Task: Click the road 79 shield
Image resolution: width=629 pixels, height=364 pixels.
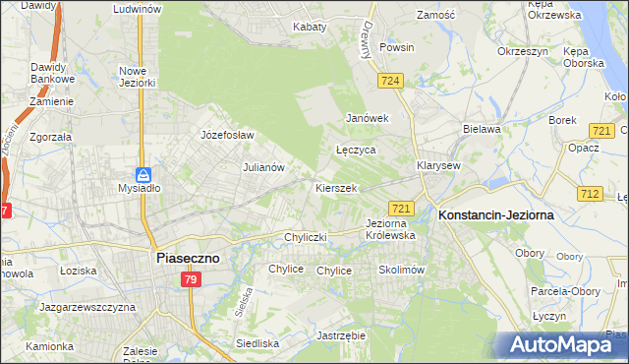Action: pyautogui.click(x=192, y=280)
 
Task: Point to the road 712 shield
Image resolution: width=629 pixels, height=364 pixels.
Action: pyautogui.click(x=591, y=194)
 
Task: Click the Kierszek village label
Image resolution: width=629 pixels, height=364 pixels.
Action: pyautogui.click(x=335, y=187)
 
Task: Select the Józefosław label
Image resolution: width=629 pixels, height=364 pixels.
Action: pyautogui.click(x=227, y=135)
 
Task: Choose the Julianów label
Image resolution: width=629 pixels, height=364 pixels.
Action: pyautogui.click(x=263, y=167)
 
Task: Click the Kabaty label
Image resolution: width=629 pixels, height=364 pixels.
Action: pyautogui.click(x=309, y=27)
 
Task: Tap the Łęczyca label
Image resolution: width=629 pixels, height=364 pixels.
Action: pyautogui.click(x=356, y=151)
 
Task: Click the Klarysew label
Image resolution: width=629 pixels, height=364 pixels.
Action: pyautogui.click(x=438, y=165)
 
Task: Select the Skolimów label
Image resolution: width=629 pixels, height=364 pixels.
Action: pyautogui.click(x=400, y=270)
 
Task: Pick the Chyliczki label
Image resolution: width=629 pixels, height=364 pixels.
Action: pyautogui.click(x=304, y=237)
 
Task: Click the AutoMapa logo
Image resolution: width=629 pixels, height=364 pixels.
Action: pyautogui.click(x=561, y=345)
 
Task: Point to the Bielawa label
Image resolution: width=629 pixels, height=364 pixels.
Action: pyautogui.click(x=482, y=129)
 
